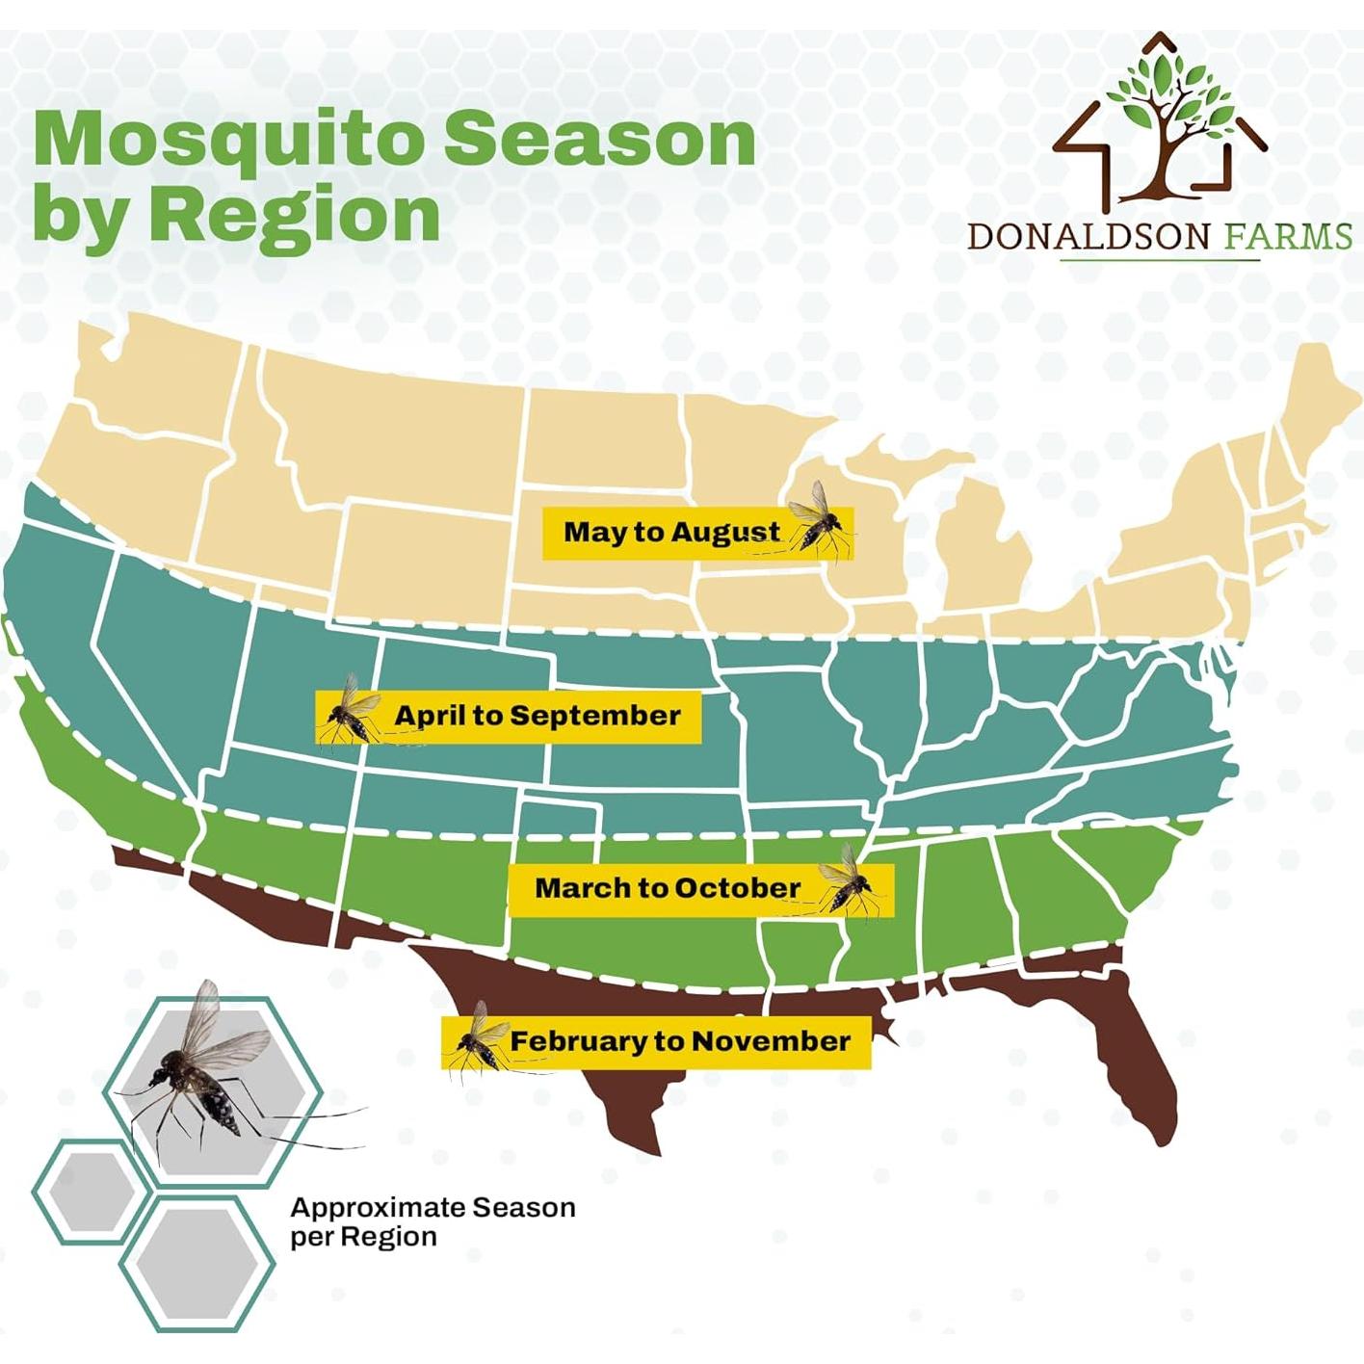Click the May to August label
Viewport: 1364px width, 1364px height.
coord(671,532)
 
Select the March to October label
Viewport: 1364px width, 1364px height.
coord(668,887)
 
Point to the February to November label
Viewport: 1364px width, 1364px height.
coord(680,1041)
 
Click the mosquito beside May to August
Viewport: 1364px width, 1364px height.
coord(820,519)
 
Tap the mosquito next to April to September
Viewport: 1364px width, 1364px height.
coord(351,710)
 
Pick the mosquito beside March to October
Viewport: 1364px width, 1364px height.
coord(850,882)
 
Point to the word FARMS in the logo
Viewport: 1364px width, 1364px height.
coord(1288,236)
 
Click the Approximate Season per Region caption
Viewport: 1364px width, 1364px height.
coord(433,1221)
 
